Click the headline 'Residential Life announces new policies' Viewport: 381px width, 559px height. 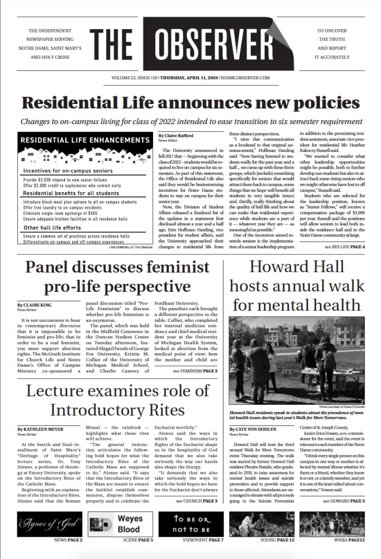[x=190, y=103]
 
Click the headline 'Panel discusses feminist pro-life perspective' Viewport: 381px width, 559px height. [x=117, y=277]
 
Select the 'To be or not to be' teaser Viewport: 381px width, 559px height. [x=190, y=524]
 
